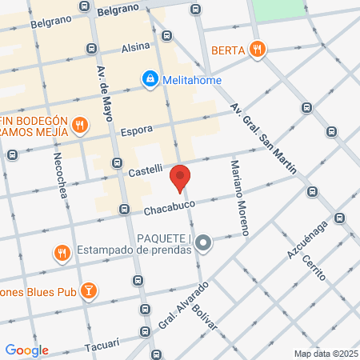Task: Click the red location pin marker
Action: tap(181, 178)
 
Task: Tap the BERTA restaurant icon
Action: tap(257, 50)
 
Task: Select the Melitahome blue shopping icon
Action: tap(149, 78)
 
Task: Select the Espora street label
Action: tap(137, 128)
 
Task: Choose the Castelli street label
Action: tap(146, 170)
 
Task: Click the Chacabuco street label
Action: tap(170, 208)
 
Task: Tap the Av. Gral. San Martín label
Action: tap(262, 138)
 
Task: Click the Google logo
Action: tap(26, 350)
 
